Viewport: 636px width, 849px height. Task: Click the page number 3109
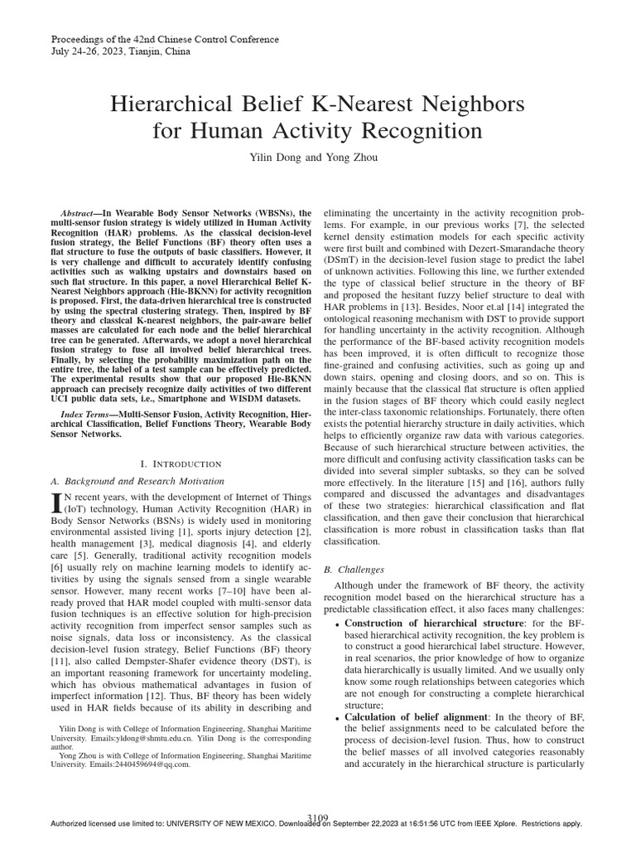(x=318, y=817)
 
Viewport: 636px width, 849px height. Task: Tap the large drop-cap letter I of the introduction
(x=57, y=502)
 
